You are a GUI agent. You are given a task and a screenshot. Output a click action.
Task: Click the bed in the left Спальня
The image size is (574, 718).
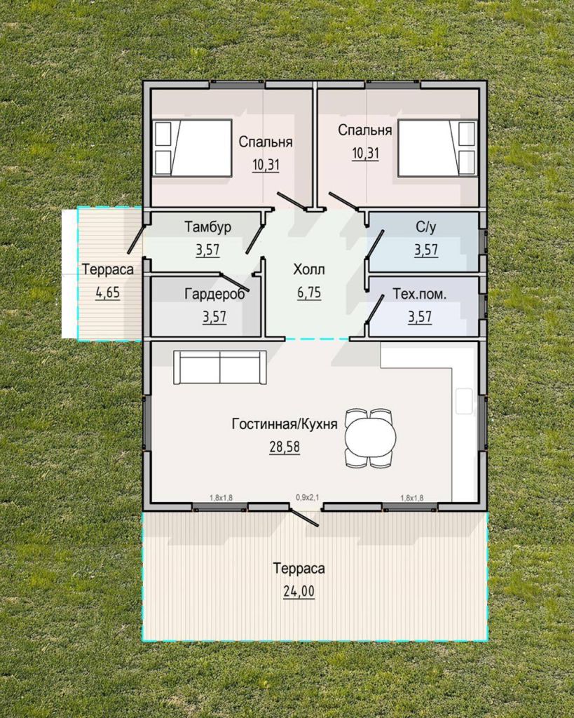pyautogui.click(x=192, y=147)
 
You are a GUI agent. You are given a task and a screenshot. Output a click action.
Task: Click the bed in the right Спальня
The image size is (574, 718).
pyautogui.click(x=437, y=147)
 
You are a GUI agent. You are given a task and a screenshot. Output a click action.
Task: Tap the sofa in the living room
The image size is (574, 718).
pyautogui.click(x=220, y=367)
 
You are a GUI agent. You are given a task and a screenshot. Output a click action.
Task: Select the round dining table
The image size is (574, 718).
pyautogui.click(x=370, y=438)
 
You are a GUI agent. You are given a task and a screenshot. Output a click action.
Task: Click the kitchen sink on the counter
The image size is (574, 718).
pyautogui.click(x=464, y=401)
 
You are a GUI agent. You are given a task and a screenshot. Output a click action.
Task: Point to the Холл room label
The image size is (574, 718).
pyautogui.click(x=309, y=269)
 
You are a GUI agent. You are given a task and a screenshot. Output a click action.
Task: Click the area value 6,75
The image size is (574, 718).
pyautogui.click(x=309, y=292)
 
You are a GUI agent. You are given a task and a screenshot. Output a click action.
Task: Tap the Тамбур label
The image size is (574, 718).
pyautogui.click(x=208, y=227)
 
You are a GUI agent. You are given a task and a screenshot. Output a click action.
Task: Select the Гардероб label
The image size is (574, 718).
pyautogui.click(x=214, y=294)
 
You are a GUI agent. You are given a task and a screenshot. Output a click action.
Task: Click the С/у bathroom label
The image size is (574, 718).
pyautogui.click(x=425, y=228)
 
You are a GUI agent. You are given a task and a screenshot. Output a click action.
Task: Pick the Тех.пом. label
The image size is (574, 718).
pyautogui.click(x=420, y=294)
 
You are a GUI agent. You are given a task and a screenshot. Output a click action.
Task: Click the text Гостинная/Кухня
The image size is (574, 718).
pyautogui.click(x=285, y=424)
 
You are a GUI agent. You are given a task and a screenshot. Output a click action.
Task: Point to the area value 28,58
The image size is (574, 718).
pyautogui.click(x=285, y=447)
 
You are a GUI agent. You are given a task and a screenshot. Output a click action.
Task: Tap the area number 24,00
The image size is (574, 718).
pyautogui.click(x=299, y=592)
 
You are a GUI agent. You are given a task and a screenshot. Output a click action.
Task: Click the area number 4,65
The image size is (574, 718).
pyautogui.click(x=107, y=292)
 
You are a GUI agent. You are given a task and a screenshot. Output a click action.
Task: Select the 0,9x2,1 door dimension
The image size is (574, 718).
pyautogui.click(x=307, y=496)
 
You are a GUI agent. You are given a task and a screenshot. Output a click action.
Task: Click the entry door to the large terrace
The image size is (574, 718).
pyautogui.click(x=303, y=515)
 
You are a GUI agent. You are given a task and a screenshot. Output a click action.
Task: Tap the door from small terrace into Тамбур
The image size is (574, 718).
pyautogui.click(x=136, y=238)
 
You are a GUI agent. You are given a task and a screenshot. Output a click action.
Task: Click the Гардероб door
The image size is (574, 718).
pyautogui.click(x=235, y=283)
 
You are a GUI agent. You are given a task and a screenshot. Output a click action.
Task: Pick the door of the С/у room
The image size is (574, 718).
pyautogui.click(x=374, y=245)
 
